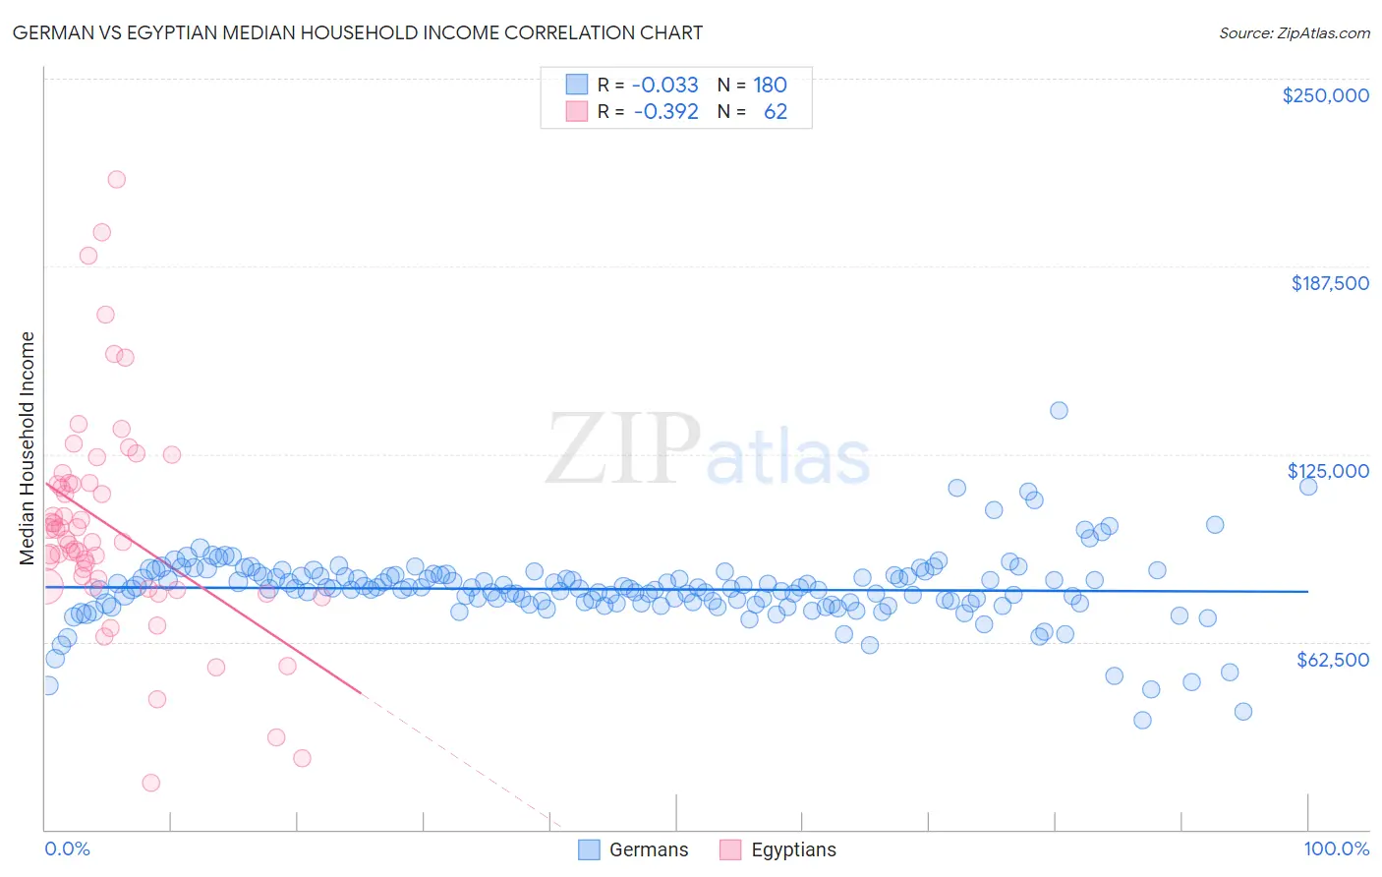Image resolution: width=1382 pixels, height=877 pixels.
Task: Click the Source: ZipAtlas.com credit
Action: [x=1294, y=32]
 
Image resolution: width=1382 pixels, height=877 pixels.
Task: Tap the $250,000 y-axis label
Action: [x=1325, y=95]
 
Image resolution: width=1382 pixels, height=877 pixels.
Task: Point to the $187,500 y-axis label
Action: [x=1329, y=283]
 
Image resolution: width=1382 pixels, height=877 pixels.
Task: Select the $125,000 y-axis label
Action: [x=1328, y=471]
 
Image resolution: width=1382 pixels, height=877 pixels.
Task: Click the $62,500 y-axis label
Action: [x=1332, y=660]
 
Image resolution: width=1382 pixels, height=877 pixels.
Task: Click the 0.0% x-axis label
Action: [x=67, y=848]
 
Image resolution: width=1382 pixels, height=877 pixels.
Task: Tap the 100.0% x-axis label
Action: [x=1336, y=848]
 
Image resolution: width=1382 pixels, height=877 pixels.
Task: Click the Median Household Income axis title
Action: [x=27, y=448]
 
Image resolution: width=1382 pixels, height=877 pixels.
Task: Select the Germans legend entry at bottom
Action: [x=633, y=849]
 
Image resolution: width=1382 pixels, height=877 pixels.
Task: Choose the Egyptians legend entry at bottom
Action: [x=777, y=849]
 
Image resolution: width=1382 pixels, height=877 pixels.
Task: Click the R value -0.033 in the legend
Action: [x=664, y=85]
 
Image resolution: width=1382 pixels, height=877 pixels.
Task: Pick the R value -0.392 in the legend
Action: [x=665, y=111]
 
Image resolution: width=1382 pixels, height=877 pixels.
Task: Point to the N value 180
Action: [x=770, y=85]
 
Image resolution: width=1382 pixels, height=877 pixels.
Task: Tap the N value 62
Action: [x=775, y=111]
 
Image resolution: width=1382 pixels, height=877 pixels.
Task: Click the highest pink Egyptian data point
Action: [x=116, y=179]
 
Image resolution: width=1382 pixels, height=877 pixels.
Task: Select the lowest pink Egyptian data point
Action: [x=150, y=783]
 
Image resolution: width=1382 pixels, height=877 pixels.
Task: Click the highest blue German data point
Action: [x=1059, y=410]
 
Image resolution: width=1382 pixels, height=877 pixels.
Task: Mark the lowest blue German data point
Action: [x=1142, y=720]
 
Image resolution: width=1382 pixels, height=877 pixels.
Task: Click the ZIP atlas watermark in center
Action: [x=708, y=450]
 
